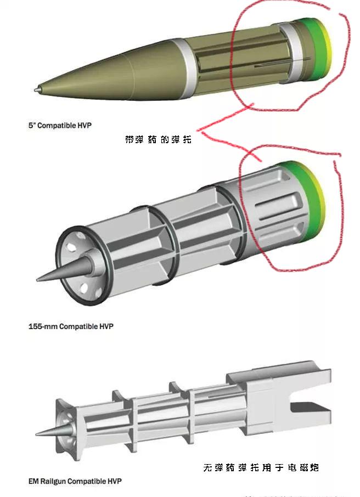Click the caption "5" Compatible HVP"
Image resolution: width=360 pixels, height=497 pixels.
tap(60, 126)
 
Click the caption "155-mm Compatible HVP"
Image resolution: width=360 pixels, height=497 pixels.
tap(71, 326)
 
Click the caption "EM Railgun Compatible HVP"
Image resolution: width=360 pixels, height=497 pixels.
tap(75, 481)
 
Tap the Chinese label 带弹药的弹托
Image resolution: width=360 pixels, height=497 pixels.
tap(159, 140)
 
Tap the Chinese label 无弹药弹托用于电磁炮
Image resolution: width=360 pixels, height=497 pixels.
tap(261, 467)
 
